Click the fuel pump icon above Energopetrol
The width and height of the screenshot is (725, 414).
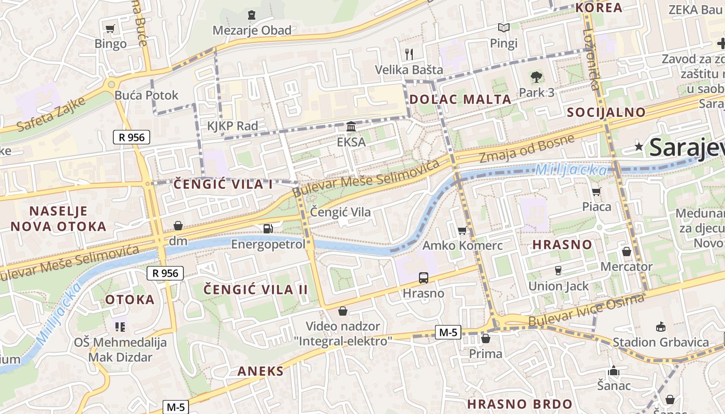pyautogui.click(x=268, y=228)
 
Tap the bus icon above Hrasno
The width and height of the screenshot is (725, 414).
pyautogui.click(x=424, y=278)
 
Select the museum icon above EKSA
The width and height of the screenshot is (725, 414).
pyautogui.click(x=351, y=127)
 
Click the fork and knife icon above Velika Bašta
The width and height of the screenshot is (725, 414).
pyautogui.click(x=409, y=54)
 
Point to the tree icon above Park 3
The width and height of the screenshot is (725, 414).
pyautogui.click(x=536, y=78)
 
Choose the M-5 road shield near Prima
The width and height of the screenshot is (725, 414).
pyautogui.click(x=448, y=332)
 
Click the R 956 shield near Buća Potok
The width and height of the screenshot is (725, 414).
pyautogui.click(x=132, y=137)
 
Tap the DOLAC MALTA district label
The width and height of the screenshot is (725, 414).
pyautogui.click(x=460, y=99)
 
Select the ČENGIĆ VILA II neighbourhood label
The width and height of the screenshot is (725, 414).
pyautogui.click(x=256, y=289)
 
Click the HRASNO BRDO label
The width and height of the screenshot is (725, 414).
pyautogui.click(x=520, y=404)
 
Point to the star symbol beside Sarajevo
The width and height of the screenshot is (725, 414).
pyautogui.click(x=639, y=147)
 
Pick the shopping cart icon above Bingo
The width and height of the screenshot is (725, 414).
pyautogui.click(x=110, y=29)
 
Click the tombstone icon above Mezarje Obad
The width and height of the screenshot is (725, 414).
pyautogui.click(x=252, y=15)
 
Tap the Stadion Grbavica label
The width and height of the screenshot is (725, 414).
pyautogui.click(x=661, y=342)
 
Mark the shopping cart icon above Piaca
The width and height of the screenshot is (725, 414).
pyautogui.click(x=597, y=192)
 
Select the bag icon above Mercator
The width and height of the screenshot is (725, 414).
pyautogui.click(x=626, y=252)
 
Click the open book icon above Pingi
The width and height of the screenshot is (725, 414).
pyautogui.click(x=503, y=27)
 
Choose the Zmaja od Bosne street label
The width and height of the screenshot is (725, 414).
pyautogui.click(x=527, y=148)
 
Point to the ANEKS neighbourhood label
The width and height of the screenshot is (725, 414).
pyautogui.click(x=260, y=371)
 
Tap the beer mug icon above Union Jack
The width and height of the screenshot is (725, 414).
pyautogui.click(x=558, y=270)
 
